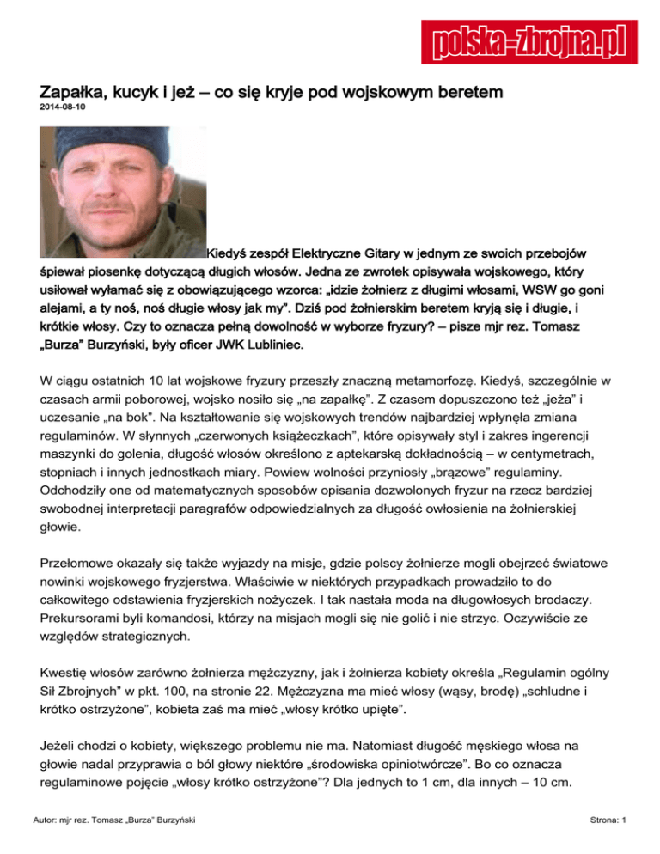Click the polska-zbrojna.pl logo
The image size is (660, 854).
point(524,40)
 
